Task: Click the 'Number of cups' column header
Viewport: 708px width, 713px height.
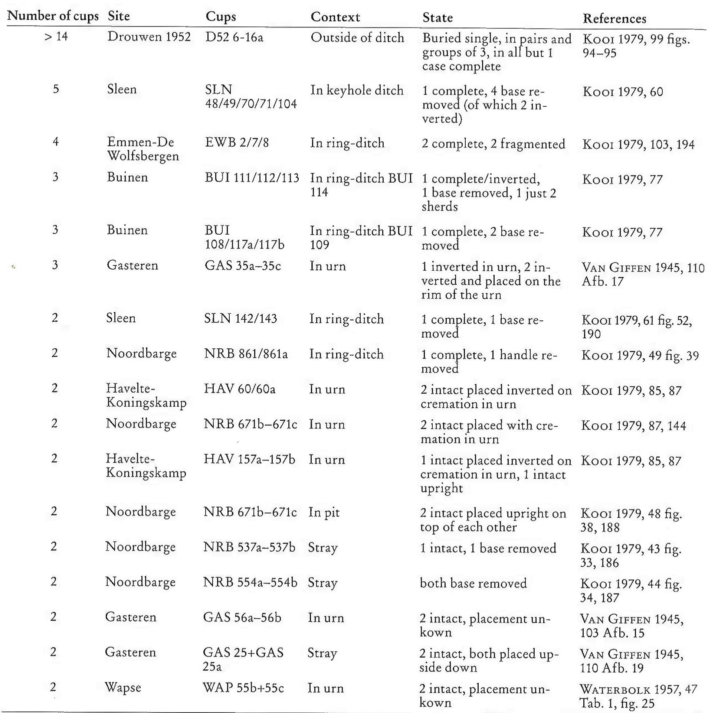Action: pos(53,16)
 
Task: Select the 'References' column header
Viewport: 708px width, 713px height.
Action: pos(614,18)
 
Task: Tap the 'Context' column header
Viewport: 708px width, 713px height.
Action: pos(335,17)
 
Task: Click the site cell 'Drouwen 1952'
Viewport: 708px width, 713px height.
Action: pos(149,37)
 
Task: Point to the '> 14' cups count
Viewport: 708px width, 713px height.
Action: pos(56,36)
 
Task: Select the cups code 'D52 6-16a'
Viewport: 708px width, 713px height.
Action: pos(234,37)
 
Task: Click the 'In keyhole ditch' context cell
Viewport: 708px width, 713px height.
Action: pos(357,90)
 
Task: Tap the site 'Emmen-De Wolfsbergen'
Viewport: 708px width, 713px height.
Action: pos(143,149)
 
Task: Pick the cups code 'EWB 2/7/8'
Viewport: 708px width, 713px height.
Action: pos(237,143)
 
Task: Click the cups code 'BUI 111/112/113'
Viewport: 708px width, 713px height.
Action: pos(252,178)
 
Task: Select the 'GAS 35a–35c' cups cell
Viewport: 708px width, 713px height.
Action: pos(243,266)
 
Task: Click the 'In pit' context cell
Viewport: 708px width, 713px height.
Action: pos(324,512)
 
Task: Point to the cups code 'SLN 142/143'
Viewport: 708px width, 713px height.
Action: pos(240,319)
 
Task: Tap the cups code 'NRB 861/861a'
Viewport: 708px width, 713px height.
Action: pos(246,354)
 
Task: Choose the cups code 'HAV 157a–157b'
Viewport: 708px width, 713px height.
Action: pos(249,460)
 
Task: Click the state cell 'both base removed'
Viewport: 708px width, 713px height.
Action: pos(473,583)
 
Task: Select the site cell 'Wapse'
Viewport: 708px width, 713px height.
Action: pos(123,687)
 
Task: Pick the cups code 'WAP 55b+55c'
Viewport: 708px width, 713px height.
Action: pos(243,688)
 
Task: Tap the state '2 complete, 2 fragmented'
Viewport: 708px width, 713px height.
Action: pos(493,144)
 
